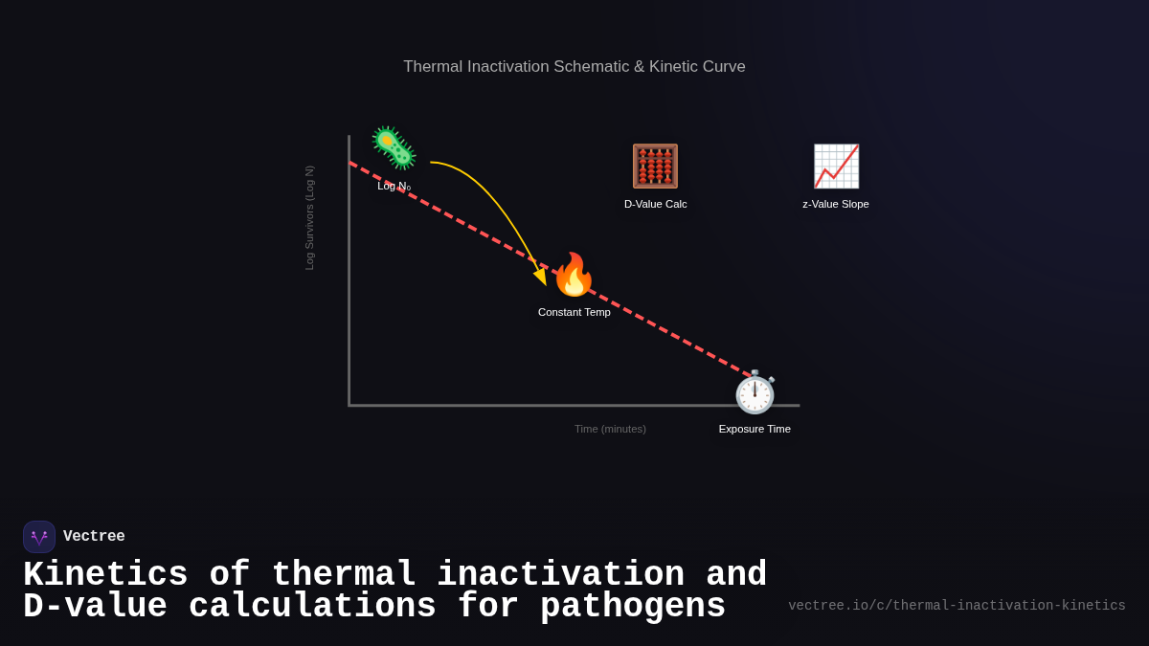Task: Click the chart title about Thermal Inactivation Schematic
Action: point(574,67)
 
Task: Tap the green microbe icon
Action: point(394,148)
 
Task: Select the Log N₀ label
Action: point(394,186)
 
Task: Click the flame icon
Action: point(574,276)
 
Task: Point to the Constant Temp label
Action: point(574,312)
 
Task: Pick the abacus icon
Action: point(655,167)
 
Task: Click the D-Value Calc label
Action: point(655,204)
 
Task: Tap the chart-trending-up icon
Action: point(836,167)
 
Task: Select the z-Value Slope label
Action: point(836,204)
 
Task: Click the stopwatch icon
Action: point(755,392)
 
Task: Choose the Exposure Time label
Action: point(755,429)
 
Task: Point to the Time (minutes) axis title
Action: point(610,429)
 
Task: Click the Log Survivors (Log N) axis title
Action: point(309,217)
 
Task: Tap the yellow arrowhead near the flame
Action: point(541,277)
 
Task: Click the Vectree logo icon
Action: point(39,537)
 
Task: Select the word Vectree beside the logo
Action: point(94,537)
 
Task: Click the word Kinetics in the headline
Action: point(105,575)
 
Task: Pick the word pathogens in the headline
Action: point(633,607)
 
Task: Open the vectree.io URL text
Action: point(957,606)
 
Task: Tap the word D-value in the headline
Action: point(95,607)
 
